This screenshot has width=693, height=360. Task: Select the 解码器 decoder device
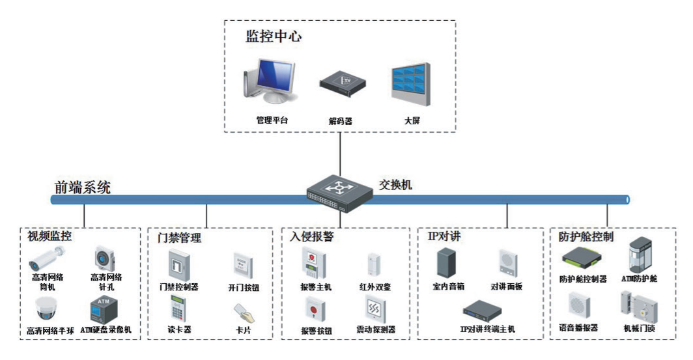coord(342,85)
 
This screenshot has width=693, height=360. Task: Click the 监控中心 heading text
coord(273,36)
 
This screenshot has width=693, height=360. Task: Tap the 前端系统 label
coord(82,187)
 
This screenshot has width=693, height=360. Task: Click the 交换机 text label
coord(396,185)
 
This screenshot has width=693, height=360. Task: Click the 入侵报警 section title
coord(312,236)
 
